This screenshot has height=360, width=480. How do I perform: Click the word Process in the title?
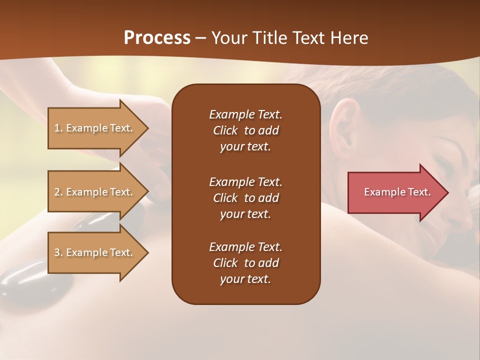click(x=157, y=38)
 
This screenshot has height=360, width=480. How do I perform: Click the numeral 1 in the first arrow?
click(x=57, y=128)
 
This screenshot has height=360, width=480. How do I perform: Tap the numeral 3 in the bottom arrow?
click(x=57, y=252)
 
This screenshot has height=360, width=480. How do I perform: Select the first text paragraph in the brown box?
click(x=245, y=130)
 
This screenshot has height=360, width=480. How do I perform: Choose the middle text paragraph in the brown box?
click(x=245, y=197)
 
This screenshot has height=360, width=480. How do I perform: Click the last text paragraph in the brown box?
click(x=245, y=263)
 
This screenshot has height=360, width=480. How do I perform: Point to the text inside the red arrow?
click(x=397, y=192)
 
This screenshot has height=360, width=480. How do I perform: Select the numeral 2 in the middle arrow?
click(x=57, y=192)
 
